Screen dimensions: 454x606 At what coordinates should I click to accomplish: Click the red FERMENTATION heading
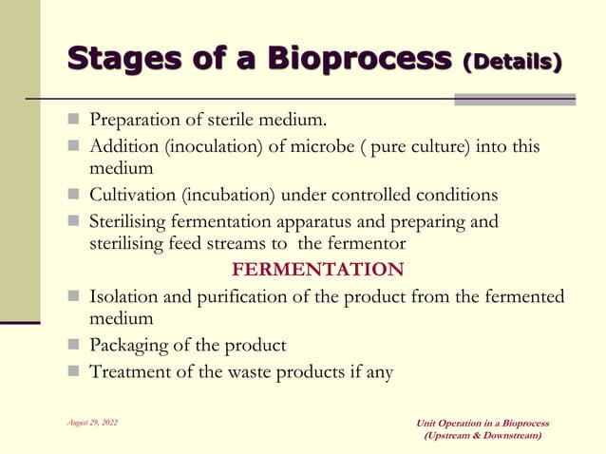click(318, 269)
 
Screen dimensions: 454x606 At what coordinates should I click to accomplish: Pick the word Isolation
click(124, 297)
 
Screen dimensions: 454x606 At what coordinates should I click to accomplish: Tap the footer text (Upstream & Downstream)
click(483, 435)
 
